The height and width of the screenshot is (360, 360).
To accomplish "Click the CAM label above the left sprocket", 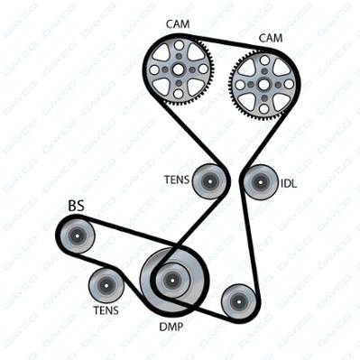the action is (178, 24).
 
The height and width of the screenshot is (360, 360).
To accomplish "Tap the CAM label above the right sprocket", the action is (271, 38).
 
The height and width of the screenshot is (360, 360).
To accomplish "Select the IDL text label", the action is (289, 183).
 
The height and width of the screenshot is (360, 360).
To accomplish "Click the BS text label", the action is (77, 207).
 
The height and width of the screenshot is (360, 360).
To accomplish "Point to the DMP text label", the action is (171, 327).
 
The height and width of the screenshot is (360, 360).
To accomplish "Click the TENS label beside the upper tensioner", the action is (177, 180).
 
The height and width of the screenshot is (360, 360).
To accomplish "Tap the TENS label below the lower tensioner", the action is (106, 310).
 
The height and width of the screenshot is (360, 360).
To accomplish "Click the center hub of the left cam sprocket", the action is (179, 70).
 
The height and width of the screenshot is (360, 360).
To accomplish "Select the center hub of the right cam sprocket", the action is (264, 85).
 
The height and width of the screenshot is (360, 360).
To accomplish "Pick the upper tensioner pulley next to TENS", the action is (209, 181).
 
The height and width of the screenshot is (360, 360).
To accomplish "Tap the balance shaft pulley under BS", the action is (77, 235).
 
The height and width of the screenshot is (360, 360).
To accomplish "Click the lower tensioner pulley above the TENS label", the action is (106, 285).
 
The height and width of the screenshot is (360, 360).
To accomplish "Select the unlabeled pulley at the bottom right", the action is (238, 301).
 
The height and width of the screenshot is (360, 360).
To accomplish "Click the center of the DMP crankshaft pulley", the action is (172, 280).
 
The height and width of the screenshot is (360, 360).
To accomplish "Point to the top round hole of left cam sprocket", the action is (179, 46).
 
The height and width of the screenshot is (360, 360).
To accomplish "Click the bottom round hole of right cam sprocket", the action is (264, 108).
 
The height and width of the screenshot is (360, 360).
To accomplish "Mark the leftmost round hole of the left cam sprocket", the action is (154, 70).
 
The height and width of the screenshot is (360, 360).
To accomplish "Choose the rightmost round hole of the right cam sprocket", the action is (289, 85).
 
